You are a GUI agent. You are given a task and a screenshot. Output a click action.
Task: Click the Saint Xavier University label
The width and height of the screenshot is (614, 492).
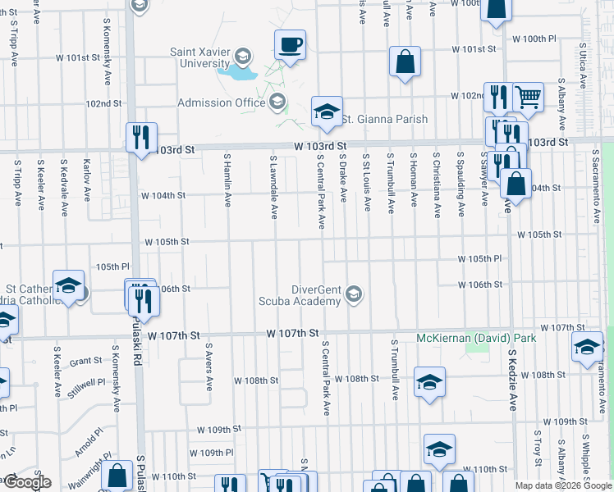[x=199, y=57]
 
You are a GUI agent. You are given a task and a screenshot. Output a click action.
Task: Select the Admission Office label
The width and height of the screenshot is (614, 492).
[x=222, y=102]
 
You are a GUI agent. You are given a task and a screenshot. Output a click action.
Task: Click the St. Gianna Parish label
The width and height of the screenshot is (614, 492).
[x=384, y=119]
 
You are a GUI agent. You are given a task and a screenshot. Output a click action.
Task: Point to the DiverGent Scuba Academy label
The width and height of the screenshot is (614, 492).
[x=317, y=294]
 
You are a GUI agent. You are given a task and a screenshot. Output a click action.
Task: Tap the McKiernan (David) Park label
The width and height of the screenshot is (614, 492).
[x=475, y=338]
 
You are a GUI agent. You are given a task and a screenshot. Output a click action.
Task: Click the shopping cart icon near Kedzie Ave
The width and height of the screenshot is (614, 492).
[x=528, y=98]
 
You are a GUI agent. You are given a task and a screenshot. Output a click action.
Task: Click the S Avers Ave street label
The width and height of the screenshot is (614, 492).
[x=209, y=367]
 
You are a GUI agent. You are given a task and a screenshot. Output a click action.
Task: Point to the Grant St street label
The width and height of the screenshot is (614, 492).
[x=85, y=361]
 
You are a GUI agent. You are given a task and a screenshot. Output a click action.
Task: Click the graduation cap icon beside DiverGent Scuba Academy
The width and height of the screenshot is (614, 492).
[x=354, y=294]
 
